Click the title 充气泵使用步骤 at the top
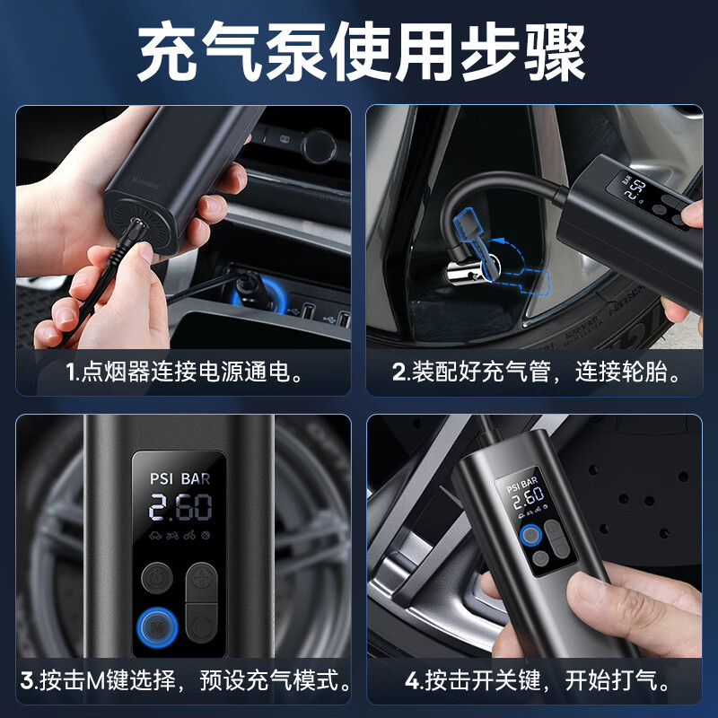coord(359,53)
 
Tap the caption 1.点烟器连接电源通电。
coord(183,372)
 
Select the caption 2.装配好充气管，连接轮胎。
coord(534,372)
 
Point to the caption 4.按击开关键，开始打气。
coord(536,679)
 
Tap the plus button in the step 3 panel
coord(201,576)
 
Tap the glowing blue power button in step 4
coord(530,537)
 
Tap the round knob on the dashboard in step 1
coord(318,144)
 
